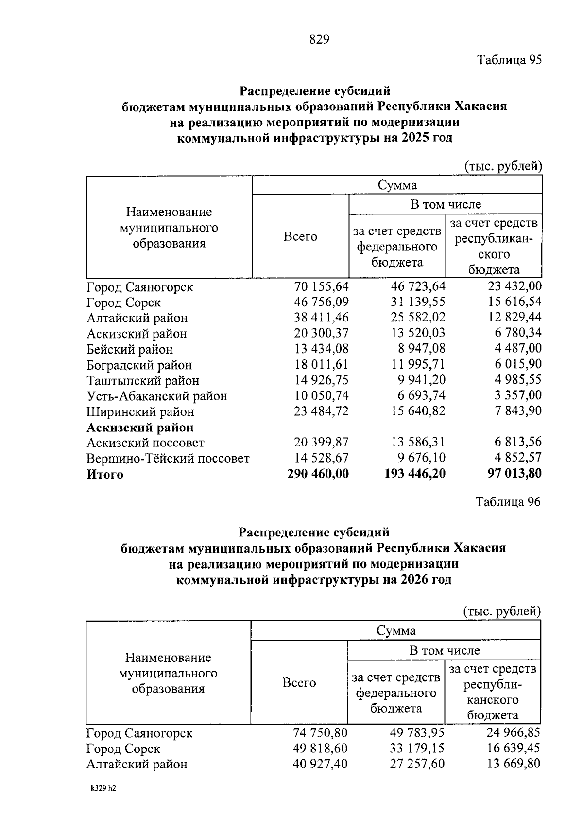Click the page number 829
[319, 39]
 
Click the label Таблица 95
[509, 60]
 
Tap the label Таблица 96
[508, 502]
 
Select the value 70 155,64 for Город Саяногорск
[321, 286]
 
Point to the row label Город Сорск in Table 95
[123, 303]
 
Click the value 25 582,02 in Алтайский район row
[418, 318]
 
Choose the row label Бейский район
[130, 349]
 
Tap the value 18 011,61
[321, 365]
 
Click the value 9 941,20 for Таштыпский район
[421, 380]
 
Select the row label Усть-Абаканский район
[156, 396]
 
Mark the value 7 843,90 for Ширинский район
[518, 411]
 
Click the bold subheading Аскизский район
[140, 428]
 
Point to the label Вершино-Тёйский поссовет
[168, 459]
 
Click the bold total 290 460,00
[318, 474]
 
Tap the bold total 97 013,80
[514, 474]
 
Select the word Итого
[105, 474]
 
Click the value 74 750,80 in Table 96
[320, 732]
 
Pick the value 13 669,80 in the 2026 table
[514, 764]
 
